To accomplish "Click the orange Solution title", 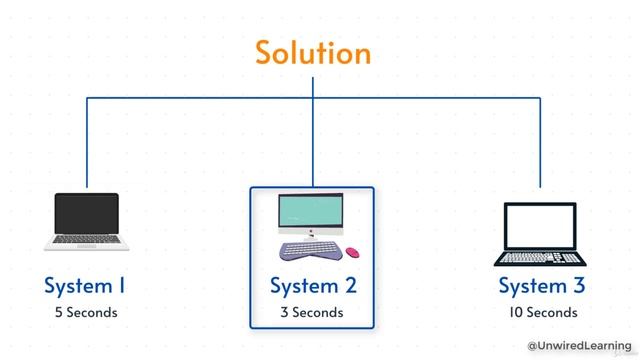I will click(x=312, y=52).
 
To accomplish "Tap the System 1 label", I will click(x=85, y=286).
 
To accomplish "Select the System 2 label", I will click(x=312, y=286).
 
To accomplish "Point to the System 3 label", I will click(x=541, y=286).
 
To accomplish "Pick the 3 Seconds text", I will click(x=312, y=312).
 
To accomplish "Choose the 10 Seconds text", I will click(x=541, y=312).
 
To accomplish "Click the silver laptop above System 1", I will click(x=86, y=221).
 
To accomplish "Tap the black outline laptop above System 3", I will click(x=540, y=233).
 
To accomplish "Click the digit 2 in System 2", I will click(x=349, y=286).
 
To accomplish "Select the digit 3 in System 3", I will click(x=578, y=286).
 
